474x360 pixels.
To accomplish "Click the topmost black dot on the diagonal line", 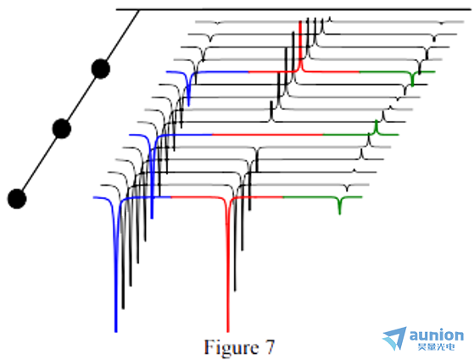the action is pos(100,69).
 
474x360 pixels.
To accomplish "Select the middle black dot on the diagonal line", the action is pos(62,129).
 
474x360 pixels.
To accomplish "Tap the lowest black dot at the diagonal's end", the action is pos(17,199).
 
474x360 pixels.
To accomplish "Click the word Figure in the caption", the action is pos(231,348).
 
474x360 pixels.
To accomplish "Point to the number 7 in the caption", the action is pos(270,346).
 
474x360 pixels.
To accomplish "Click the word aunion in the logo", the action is pos(436,335).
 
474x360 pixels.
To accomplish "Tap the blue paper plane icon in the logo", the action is pos(395,338).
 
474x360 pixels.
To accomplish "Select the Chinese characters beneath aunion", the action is pos(437,346).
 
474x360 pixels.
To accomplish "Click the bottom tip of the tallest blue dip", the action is pos(116,331).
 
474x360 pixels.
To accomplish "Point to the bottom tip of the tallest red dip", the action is pos(228,331).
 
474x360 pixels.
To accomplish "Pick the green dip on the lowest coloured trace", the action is pos(340,205).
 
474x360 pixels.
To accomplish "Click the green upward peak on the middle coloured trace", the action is pos(376,127).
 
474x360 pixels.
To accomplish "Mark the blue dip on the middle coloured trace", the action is pos(152,181).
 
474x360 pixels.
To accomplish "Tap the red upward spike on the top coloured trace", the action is pos(300,45).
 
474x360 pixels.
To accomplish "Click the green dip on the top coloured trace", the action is pos(413,79).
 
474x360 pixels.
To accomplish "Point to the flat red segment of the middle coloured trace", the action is pos(268,135).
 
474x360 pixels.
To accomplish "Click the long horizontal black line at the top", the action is pos(294,9).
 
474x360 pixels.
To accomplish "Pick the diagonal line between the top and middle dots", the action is pos(81,99).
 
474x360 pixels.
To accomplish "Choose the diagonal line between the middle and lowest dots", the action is pos(39,163).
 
